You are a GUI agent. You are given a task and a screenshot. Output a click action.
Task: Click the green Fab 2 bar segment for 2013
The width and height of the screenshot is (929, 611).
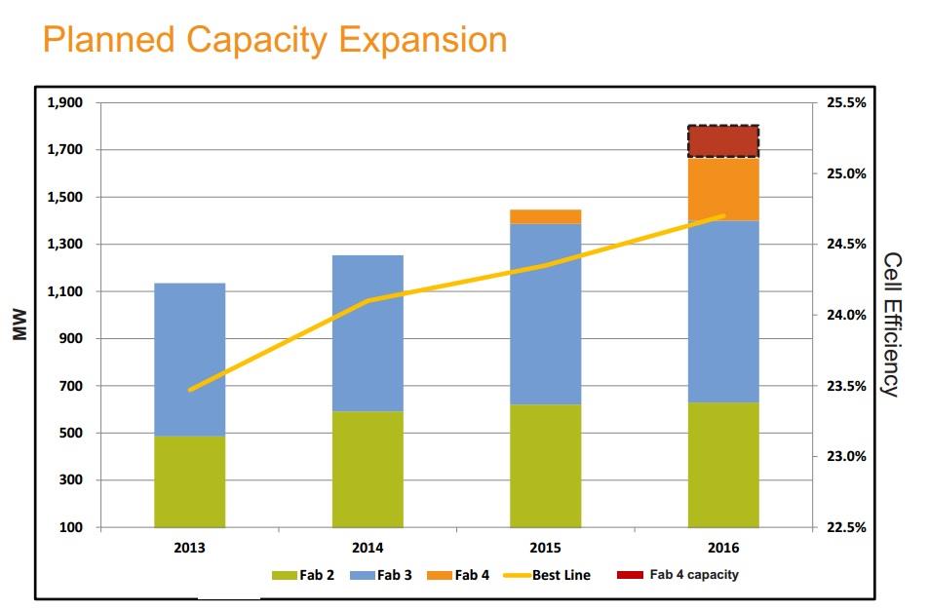189,481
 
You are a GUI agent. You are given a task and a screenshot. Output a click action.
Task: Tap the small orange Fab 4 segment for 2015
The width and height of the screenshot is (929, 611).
546,216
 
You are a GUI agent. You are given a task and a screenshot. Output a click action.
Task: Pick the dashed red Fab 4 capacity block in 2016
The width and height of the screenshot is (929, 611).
723,141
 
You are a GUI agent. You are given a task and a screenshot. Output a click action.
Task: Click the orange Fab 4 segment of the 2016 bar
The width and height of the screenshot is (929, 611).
723,189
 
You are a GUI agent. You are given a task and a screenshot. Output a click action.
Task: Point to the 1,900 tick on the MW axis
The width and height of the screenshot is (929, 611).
64,102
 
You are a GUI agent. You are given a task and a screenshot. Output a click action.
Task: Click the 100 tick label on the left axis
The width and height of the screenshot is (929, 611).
70,527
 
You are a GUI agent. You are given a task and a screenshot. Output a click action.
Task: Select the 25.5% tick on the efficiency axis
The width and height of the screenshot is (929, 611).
845,102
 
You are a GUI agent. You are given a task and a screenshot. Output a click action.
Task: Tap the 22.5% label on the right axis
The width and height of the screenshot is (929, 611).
845,527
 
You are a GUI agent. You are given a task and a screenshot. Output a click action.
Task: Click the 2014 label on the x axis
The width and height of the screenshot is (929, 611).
368,548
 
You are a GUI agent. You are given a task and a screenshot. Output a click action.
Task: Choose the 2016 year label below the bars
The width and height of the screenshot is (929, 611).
723,548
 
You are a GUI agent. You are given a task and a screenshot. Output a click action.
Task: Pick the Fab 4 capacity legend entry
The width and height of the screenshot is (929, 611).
679,575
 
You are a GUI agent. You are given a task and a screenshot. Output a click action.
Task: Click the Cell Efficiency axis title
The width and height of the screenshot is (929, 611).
889,324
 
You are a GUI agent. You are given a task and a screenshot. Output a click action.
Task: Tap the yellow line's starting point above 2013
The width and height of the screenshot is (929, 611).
189,390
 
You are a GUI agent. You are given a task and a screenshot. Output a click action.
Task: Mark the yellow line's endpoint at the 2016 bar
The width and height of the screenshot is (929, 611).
723,215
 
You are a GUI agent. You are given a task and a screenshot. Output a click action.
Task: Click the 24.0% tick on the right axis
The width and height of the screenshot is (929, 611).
845,315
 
